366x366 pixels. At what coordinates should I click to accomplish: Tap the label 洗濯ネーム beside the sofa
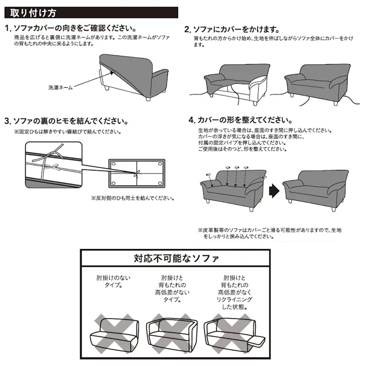tap(60, 88)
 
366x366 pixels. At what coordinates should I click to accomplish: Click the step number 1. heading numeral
tap(8, 29)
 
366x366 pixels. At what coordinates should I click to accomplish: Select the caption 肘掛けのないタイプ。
tap(113, 281)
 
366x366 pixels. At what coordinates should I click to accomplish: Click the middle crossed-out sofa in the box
tap(171, 332)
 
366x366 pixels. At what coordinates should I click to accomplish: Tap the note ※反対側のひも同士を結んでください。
tap(133, 198)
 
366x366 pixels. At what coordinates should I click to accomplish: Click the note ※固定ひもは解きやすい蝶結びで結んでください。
tap(68, 132)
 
